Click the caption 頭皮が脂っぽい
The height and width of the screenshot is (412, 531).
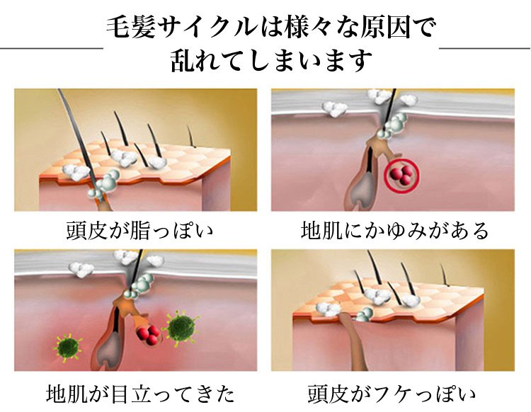(139, 231)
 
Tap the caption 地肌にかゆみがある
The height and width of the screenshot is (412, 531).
(395, 231)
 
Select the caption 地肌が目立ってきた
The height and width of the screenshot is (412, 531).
(140, 394)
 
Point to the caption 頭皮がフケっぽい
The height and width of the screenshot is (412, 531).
(392, 394)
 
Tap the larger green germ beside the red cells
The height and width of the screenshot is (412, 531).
(181, 327)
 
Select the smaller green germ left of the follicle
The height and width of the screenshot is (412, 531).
(68, 348)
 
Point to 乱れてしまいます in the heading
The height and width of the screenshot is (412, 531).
(271, 60)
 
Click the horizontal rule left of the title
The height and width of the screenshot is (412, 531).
(52, 48)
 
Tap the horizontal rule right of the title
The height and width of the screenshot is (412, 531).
(484, 48)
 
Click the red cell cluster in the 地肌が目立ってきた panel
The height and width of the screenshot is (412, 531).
(148, 334)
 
